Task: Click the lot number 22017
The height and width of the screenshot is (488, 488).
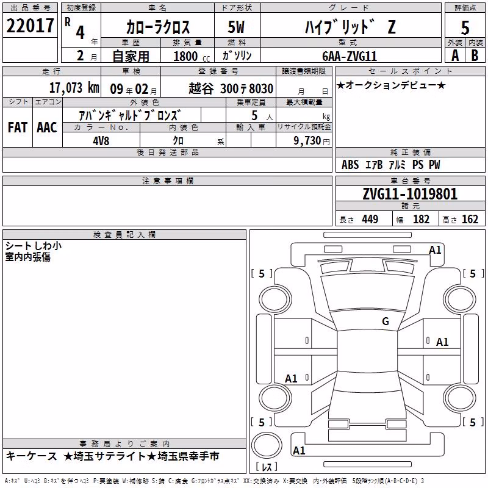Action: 30,26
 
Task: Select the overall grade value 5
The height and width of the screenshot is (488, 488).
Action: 465,28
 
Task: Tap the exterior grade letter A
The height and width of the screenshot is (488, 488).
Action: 455,56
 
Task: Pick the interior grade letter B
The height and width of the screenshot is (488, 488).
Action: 475,56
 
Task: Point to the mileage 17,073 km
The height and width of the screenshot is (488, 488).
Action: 74,88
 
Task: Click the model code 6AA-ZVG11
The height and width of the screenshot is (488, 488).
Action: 350,56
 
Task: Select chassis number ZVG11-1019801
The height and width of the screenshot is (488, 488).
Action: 410,194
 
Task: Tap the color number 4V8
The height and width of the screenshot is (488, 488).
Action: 101,141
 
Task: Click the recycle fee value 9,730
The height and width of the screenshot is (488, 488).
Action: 307,141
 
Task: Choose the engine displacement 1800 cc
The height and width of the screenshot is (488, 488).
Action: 192,56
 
